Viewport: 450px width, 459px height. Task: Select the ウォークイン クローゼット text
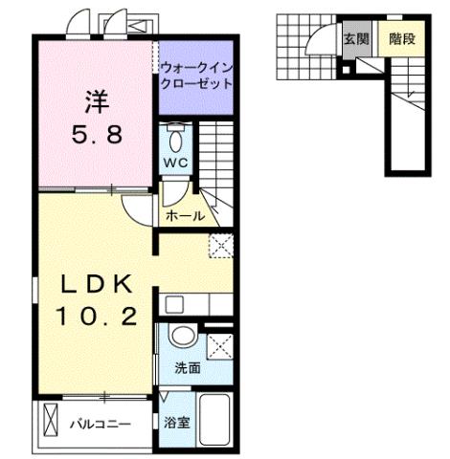(196, 75)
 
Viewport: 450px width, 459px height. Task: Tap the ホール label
(184, 215)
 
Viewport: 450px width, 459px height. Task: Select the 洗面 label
(186, 367)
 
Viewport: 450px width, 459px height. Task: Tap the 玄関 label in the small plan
(355, 39)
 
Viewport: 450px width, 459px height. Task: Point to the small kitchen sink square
(173, 306)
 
